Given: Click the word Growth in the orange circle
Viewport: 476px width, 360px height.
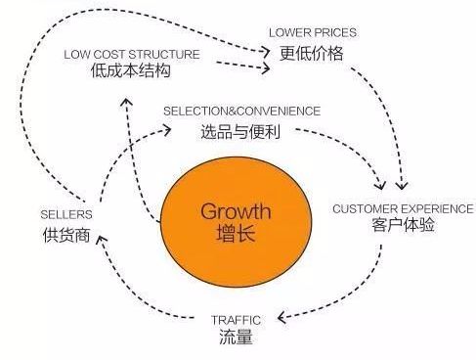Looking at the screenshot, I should (x=236, y=210).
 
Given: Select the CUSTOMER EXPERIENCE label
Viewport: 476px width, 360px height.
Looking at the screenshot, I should (x=403, y=208).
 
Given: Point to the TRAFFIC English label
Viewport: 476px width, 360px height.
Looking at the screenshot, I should (x=237, y=319).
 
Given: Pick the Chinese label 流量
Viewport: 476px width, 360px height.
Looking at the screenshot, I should (x=237, y=338).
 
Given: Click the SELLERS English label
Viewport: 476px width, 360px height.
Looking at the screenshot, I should (x=66, y=214).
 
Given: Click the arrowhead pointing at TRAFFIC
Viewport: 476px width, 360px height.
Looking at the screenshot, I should (x=281, y=318).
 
